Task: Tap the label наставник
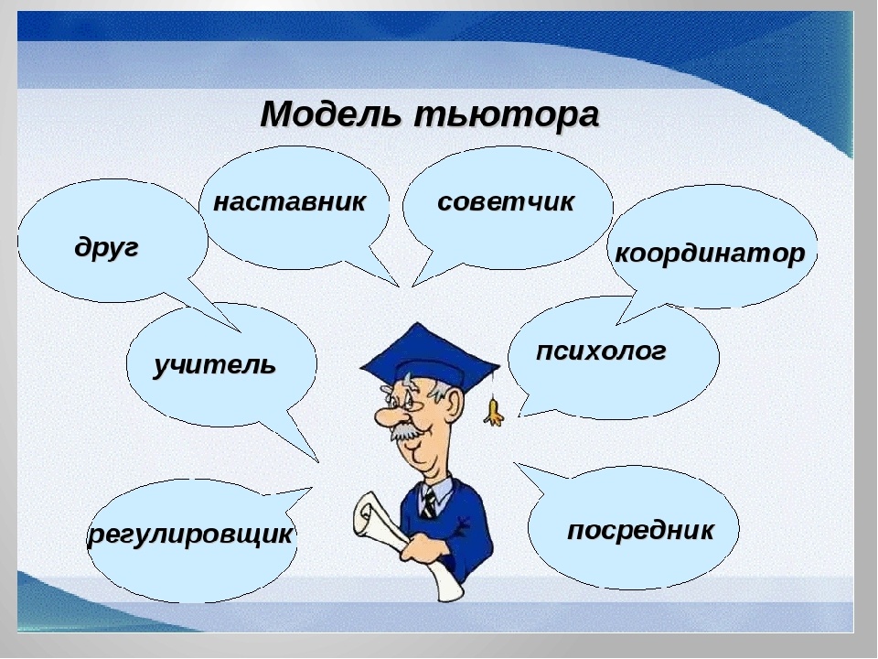289,202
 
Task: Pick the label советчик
506,202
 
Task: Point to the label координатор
710,254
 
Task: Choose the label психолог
601,351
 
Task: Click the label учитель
214,365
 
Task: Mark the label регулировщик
190,535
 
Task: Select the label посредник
639,530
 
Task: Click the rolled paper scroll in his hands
384,531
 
